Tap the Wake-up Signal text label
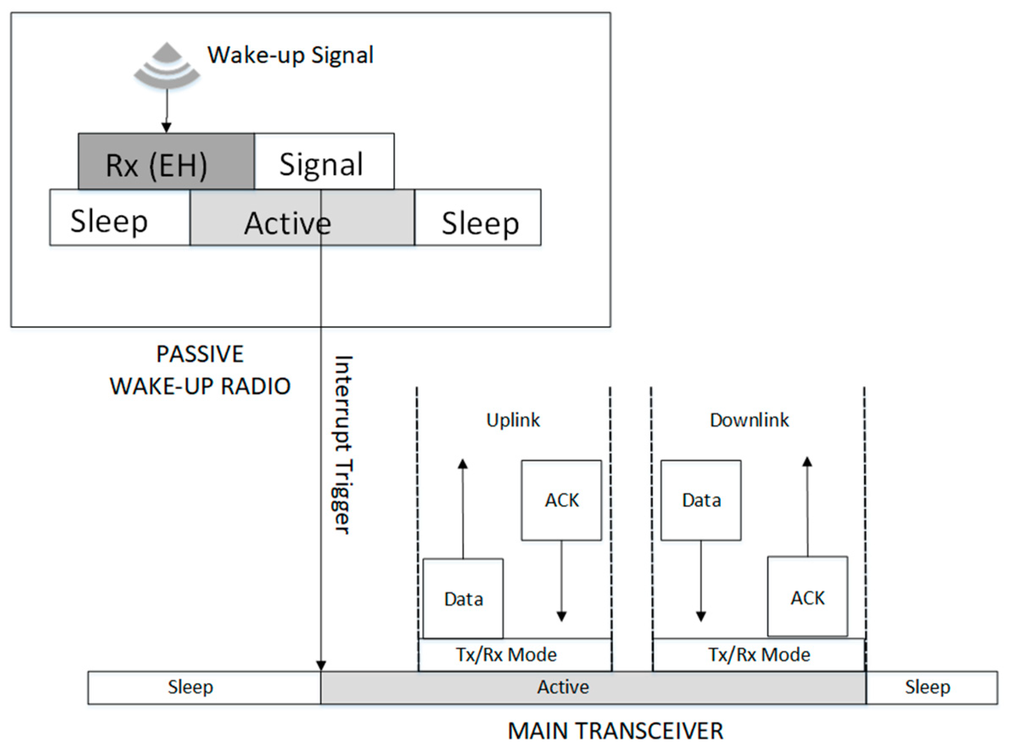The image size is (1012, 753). click(291, 55)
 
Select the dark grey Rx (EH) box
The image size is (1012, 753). click(166, 162)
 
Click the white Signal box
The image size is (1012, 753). click(324, 162)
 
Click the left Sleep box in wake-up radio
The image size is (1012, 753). click(120, 218)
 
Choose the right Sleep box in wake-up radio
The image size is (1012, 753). click(478, 218)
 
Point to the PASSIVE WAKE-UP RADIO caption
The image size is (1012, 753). click(200, 370)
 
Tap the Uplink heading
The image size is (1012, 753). click(513, 420)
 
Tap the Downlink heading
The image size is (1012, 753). click(749, 420)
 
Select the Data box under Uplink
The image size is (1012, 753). click(463, 599)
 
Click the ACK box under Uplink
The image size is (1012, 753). click(561, 500)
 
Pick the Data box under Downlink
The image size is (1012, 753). click(701, 500)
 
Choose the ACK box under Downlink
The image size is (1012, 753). click(807, 597)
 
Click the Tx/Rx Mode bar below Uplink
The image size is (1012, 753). click(514, 655)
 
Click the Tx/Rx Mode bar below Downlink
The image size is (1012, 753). click(759, 655)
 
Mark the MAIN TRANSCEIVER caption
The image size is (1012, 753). click(615, 731)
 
